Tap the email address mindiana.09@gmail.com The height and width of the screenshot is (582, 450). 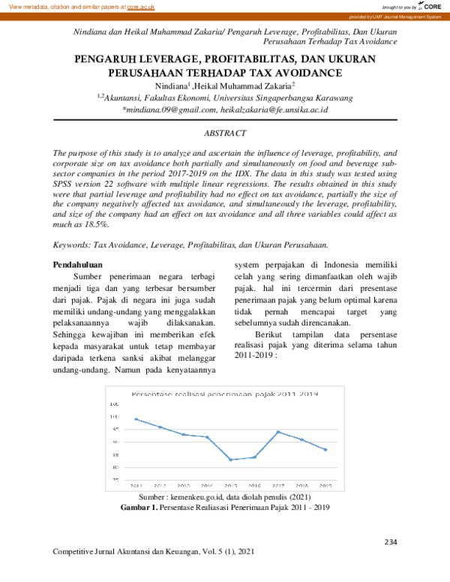pyautogui.click(x=168, y=109)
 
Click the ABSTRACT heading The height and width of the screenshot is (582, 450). pyautogui.click(x=225, y=133)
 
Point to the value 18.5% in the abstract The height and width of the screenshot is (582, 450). pyautogui.click(x=95, y=223)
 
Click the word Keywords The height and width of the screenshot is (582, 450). pyautogui.click(x=71, y=244)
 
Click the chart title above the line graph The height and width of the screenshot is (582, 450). pyautogui.click(x=225, y=394)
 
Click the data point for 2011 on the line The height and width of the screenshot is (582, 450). pyautogui.click(x=136, y=418)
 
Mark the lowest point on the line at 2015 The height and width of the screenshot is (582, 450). pyautogui.click(x=230, y=459)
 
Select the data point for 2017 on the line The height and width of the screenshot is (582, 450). pyautogui.click(x=277, y=432)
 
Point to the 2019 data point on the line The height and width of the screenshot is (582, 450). pyautogui.click(x=325, y=449)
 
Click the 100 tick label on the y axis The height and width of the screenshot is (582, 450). pyautogui.click(x=115, y=416)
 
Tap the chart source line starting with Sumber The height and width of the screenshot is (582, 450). pyautogui.click(x=225, y=497)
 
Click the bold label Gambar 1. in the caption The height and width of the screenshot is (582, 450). pyautogui.click(x=139, y=508)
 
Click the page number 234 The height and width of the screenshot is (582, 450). pyautogui.click(x=390, y=541)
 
